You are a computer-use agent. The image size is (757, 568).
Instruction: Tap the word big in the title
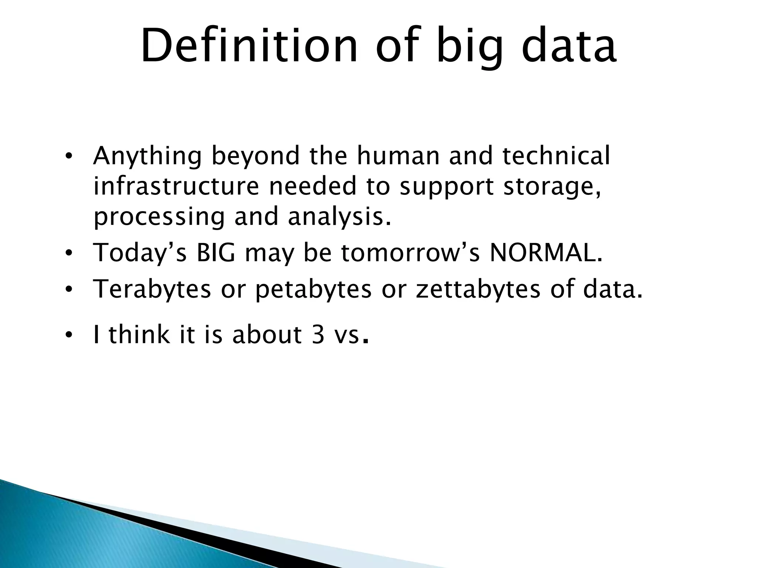(470, 48)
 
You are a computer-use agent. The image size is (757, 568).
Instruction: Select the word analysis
(339, 217)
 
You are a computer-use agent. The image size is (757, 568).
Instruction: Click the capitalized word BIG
(215, 253)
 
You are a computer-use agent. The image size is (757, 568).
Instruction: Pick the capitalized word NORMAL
(545, 253)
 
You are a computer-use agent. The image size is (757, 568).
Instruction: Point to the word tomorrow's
(410, 253)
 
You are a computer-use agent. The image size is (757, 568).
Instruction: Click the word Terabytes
(152, 290)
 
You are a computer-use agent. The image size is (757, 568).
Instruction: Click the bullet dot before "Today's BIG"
(68, 254)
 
